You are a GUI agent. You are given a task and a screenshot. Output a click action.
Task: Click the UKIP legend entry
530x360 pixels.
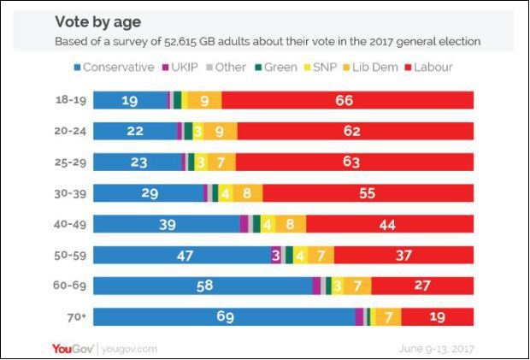click(x=184, y=67)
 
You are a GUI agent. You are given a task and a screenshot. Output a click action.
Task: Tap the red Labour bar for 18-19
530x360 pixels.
click(x=347, y=100)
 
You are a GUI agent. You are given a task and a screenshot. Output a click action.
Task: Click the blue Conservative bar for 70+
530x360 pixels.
click(x=223, y=316)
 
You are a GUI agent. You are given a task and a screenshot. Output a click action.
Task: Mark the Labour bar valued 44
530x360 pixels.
click(x=389, y=224)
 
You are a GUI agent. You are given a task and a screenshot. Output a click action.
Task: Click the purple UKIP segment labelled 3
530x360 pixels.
click(x=276, y=255)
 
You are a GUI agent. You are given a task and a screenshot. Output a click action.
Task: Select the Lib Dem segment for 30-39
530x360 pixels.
click(x=246, y=193)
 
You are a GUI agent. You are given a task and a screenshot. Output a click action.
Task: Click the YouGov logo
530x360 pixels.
click(x=72, y=348)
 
